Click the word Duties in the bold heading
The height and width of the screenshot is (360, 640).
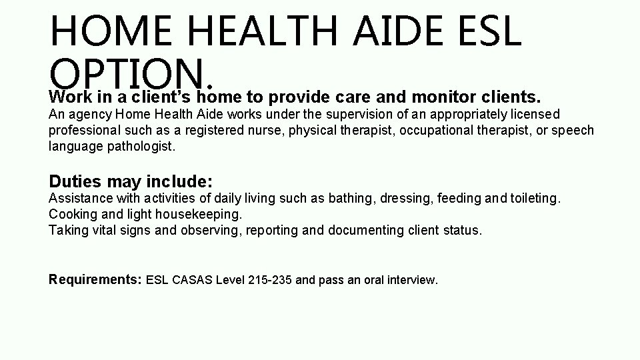74,181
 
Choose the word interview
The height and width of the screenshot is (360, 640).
413,280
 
